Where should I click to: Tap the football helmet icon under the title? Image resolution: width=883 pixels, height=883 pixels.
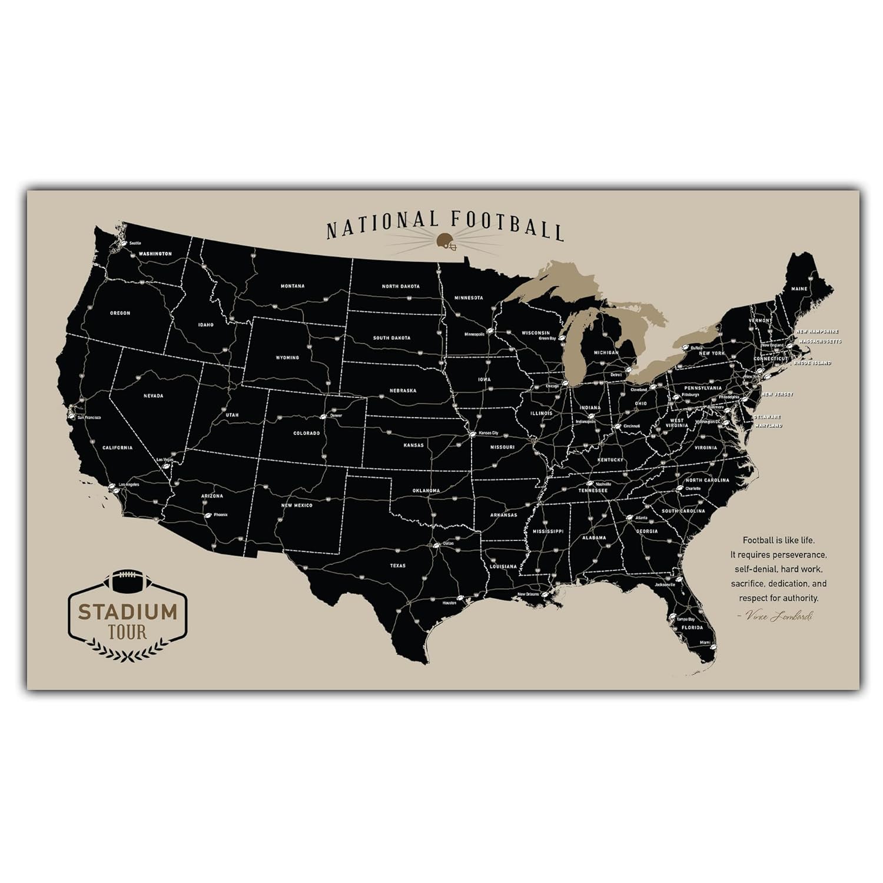click(446, 241)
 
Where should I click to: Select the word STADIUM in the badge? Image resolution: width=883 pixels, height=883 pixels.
click(128, 612)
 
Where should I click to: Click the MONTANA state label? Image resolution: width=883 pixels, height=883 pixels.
click(293, 286)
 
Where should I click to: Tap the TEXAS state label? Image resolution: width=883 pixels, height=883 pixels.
click(397, 566)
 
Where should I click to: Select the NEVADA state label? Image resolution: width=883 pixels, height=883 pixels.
click(153, 396)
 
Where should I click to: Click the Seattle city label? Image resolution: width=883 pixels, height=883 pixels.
click(135, 243)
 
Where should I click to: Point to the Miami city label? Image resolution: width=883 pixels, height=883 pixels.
click(705, 642)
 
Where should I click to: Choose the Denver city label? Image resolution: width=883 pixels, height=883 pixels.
click(336, 416)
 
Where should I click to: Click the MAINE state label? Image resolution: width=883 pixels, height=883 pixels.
click(799, 289)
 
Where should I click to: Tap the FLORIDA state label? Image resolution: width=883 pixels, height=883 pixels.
click(692, 628)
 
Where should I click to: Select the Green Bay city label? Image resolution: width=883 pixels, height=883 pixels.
click(547, 338)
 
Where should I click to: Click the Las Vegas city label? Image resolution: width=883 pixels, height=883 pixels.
click(164, 460)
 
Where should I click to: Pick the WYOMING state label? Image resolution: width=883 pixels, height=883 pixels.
click(287, 357)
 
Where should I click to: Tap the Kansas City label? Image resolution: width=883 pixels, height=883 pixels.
click(489, 433)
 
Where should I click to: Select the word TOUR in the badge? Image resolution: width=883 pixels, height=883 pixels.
click(128, 633)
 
